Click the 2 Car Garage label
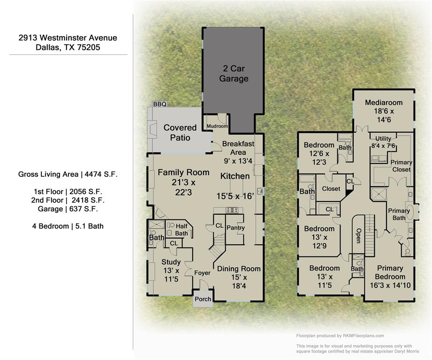coord(234,74)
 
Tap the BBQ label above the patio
coord(159,104)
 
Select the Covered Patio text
coord(180,132)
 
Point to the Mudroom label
coord(217,126)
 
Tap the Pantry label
coord(235,228)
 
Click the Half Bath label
coord(182,230)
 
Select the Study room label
coord(171,262)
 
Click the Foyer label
coord(203,273)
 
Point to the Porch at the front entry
coord(203,299)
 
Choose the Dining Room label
coord(239,269)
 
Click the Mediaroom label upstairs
coord(384,103)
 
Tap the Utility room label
coord(380,139)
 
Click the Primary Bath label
coord(399,214)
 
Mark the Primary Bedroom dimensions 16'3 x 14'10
coord(390,285)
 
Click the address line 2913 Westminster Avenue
coord(68,37)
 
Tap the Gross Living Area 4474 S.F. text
coord(68,174)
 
